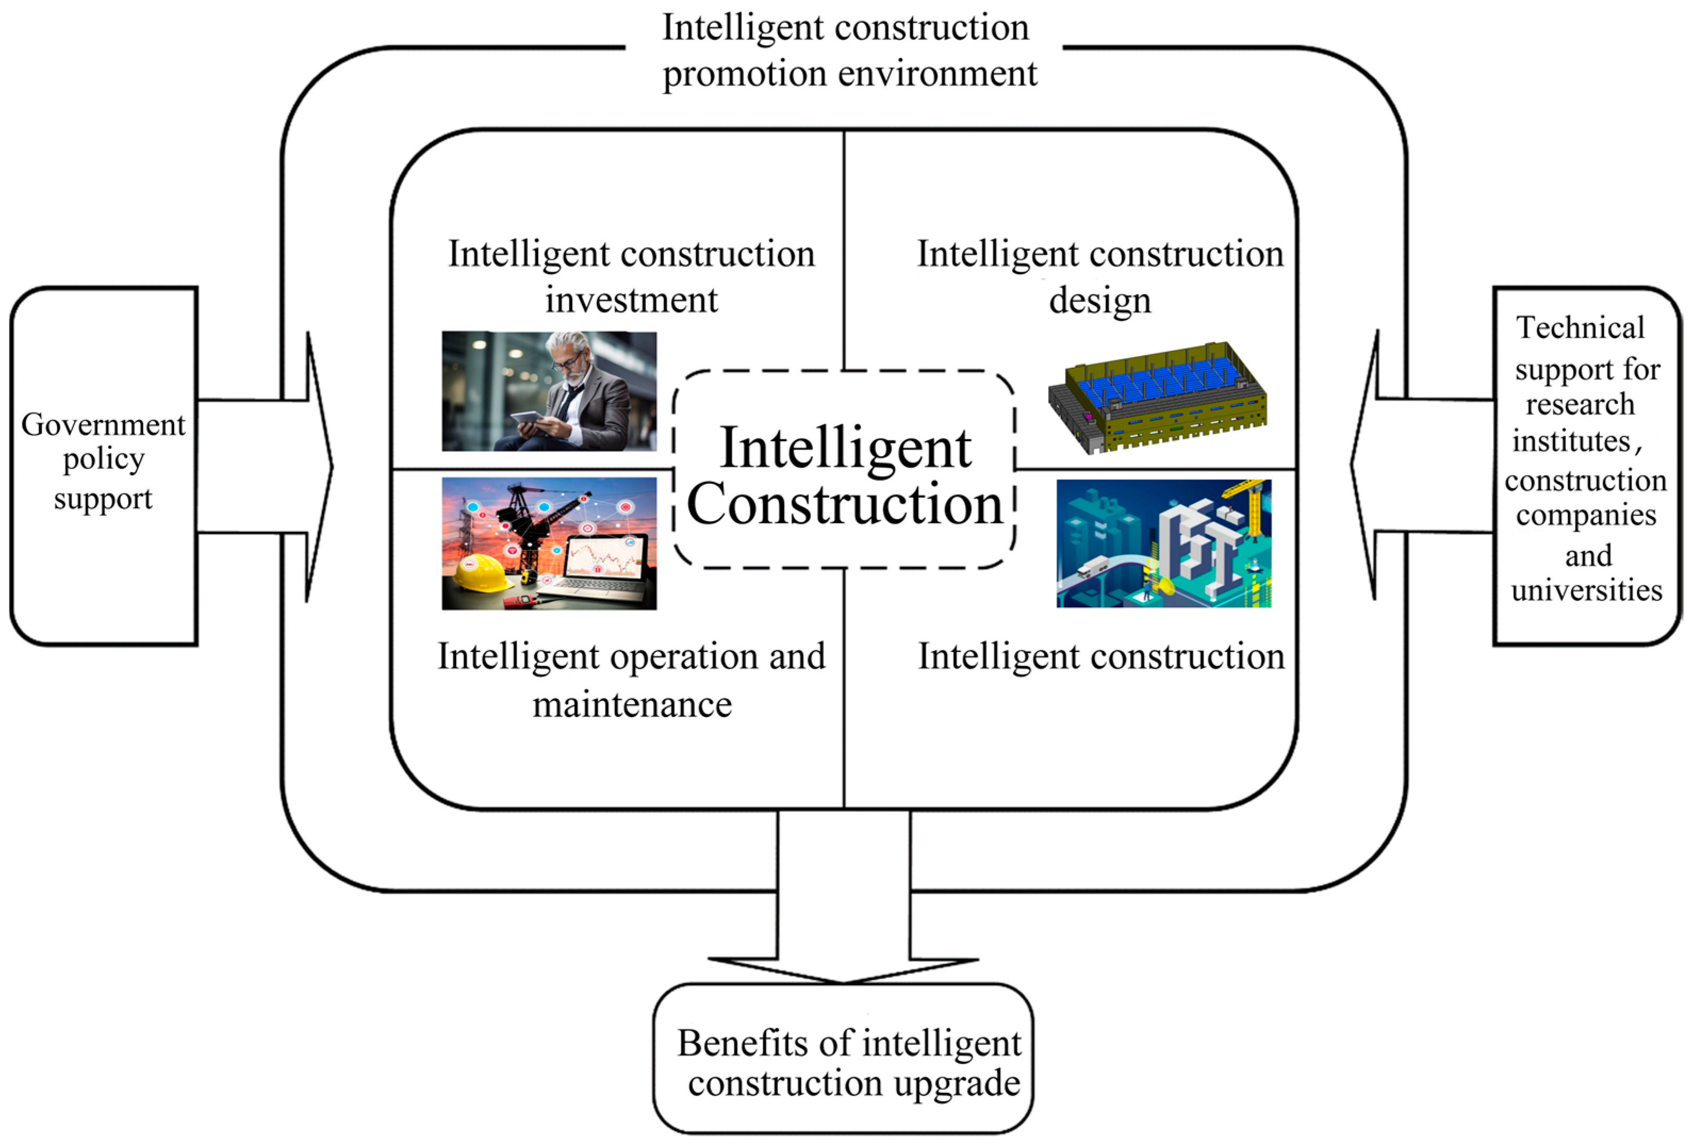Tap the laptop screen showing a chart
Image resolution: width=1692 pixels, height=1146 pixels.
pyautogui.click(x=606, y=560)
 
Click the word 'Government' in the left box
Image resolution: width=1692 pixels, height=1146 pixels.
pyautogui.click(x=103, y=424)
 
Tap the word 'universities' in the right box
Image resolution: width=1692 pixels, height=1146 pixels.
pyautogui.click(x=1587, y=590)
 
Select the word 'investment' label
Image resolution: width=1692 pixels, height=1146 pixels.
pyautogui.click(x=631, y=300)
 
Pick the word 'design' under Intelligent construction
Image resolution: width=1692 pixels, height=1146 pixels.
pyautogui.click(x=1100, y=300)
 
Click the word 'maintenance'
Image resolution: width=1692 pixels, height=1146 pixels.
pyautogui.click(x=632, y=704)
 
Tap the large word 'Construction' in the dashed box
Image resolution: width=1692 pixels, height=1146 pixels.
pyautogui.click(x=845, y=504)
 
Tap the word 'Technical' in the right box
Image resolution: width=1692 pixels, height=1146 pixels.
pyautogui.click(x=1580, y=328)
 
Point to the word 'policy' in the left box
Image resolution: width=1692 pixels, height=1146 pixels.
pyautogui.click(x=103, y=459)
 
